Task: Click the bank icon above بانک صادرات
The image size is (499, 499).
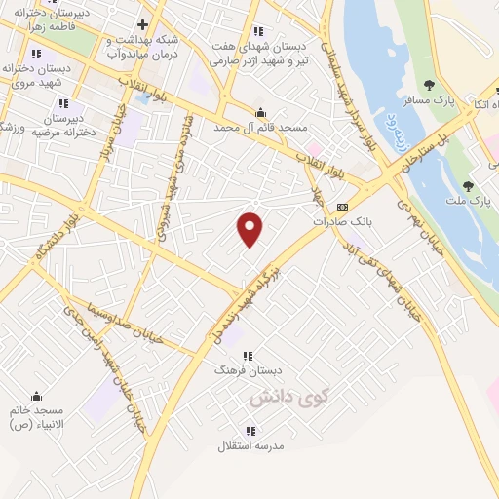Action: point(342,207)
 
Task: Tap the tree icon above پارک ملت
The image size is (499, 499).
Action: point(468,185)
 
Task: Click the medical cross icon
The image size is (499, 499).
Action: point(142,24)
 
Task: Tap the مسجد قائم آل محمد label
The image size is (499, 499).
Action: point(260,128)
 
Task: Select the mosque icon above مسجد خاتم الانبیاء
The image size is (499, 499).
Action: point(37,396)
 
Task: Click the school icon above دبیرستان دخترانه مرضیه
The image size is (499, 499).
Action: point(63,102)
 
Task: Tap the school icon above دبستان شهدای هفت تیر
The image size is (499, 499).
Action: point(258,31)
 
